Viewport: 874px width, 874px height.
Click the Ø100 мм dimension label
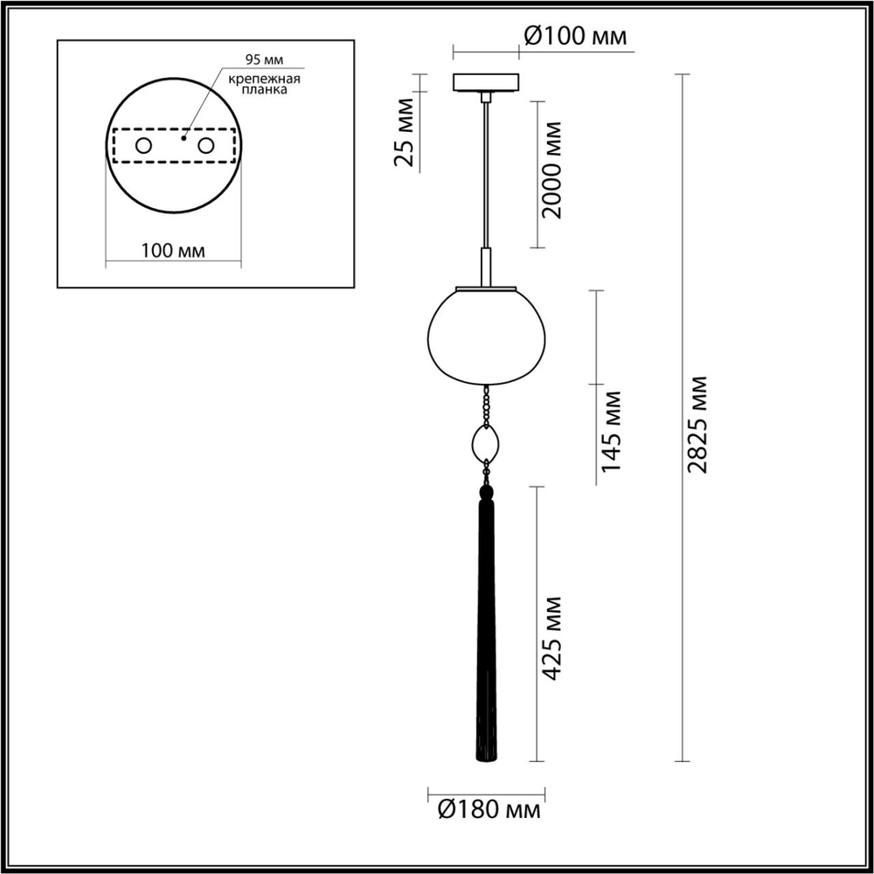click(575, 36)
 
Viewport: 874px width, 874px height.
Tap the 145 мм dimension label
click(613, 431)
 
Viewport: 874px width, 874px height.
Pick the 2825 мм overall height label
click(697, 424)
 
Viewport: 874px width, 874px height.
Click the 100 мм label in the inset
click(173, 251)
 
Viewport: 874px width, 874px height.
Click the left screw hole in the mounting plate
click(142, 146)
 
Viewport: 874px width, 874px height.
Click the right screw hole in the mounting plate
click(206, 146)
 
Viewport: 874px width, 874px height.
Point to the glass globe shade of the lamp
click(485, 336)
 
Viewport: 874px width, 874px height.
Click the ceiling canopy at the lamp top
click(485, 83)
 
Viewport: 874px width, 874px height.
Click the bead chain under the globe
click(485, 406)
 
